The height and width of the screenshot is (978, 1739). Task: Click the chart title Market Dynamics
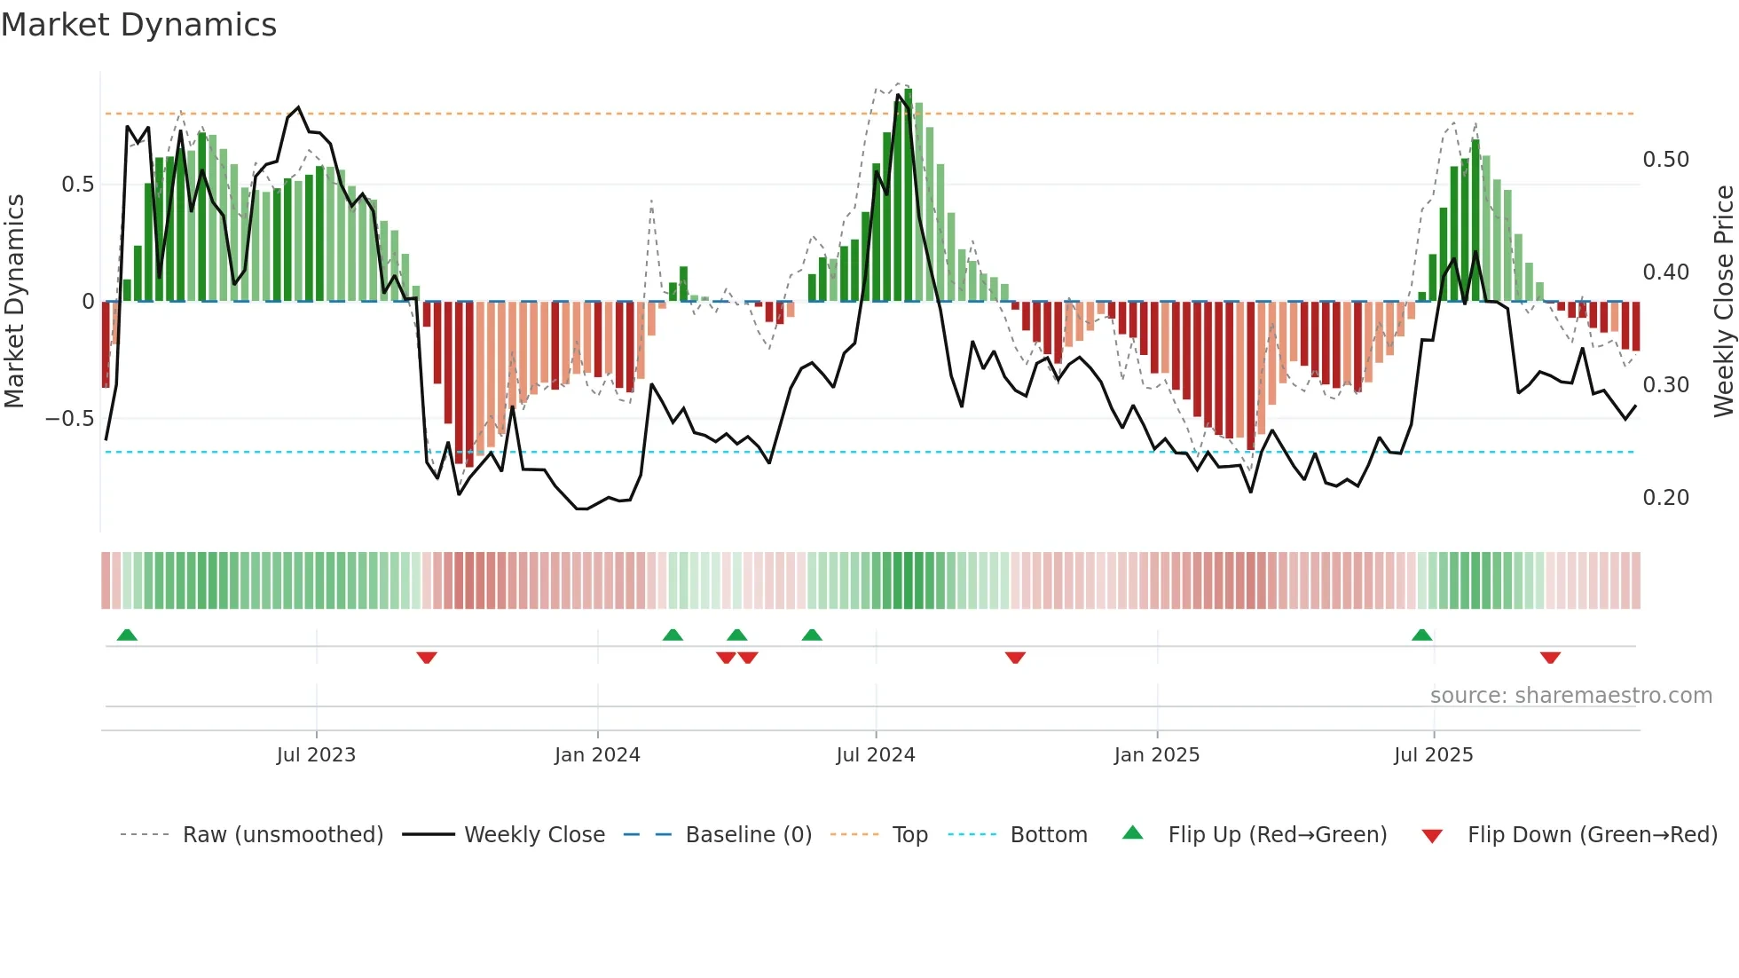pyautogui.click(x=139, y=25)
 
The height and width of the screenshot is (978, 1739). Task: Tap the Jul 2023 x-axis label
pyautogui.click(x=316, y=755)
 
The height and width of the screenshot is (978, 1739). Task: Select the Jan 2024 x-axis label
pyautogui.click(x=597, y=755)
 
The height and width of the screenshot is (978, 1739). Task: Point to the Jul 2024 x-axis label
pyautogui.click(x=875, y=755)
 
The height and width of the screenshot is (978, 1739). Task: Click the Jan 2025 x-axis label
pyautogui.click(x=1156, y=755)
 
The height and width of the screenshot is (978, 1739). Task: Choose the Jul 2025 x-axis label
pyautogui.click(x=1433, y=755)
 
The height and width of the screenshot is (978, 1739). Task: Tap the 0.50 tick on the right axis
pyautogui.click(x=1665, y=160)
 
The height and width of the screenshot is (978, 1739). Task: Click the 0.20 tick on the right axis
pyautogui.click(x=1665, y=498)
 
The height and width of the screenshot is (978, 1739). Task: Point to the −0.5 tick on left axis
pyautogui.click(x=70, y=419)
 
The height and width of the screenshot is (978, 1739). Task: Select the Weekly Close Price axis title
pyautogui.click(x=1723, y=302)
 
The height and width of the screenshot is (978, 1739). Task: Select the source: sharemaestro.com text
pyautogui.click(x=1570, y=696)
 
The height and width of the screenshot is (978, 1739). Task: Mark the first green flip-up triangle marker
pyautogui.click(x=127, y=635)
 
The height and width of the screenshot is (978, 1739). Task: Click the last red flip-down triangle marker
pyautogui.click(x=1550, y=658)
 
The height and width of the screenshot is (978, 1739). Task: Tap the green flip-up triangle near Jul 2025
pyautogui.click(x=1421, y=635)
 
